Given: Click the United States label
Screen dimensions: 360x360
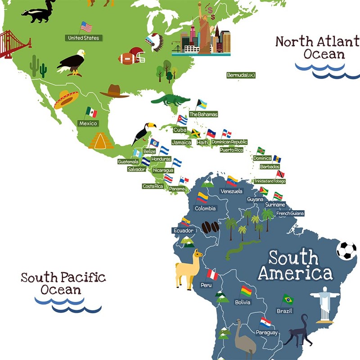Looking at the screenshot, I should [84, 38].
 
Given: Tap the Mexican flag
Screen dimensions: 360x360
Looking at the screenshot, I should [92, 112].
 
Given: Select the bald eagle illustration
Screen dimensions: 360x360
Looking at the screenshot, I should [72, 62].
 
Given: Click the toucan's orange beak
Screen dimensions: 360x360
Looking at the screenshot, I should [152, 126].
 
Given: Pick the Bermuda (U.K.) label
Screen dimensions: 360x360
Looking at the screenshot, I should [241, 75].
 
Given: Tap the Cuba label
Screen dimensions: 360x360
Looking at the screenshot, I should [180, 130].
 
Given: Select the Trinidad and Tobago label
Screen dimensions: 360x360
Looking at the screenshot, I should [269, 181].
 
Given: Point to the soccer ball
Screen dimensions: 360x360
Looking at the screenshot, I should [346, 251].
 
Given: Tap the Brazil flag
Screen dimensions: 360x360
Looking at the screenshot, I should [288, 299].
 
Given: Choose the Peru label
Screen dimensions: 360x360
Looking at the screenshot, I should [206, 285].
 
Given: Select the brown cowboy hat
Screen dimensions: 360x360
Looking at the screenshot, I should [115, 91].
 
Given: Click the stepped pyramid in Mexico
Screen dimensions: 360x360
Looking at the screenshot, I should [101, 141].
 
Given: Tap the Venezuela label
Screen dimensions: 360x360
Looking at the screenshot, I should [231, 191].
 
